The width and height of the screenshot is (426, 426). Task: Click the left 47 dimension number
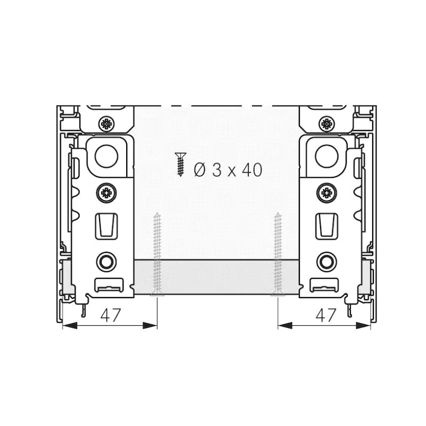[x=110, y=315]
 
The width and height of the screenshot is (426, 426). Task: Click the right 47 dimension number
[x=326, y=315]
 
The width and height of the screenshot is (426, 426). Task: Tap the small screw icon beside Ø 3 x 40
[x=180, y=165]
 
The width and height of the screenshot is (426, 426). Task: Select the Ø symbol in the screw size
[x=200, y=170]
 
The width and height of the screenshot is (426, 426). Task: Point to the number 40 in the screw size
[x=252, y=170]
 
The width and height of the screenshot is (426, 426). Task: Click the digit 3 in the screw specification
[x=217, y=170]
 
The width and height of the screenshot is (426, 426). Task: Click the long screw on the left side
[x=157, y=255]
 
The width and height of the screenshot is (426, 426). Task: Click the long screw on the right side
[x=277, y=255]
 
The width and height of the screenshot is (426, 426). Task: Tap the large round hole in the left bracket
[x=106, y=157]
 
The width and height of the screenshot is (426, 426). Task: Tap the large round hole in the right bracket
[x=326, y=157]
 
